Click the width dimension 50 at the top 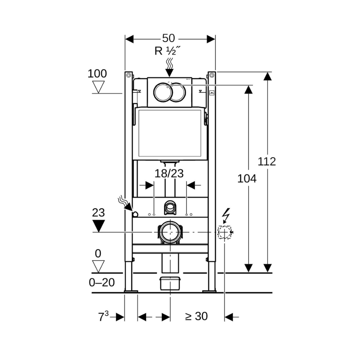168,38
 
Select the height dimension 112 267,161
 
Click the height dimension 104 247,178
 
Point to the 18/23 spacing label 169,174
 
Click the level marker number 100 97,74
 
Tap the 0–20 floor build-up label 102,283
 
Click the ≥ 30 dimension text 197,316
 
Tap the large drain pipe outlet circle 170,233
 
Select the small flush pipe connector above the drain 170,207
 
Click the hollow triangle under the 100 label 98,87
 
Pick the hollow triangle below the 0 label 98,266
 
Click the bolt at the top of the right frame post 212,75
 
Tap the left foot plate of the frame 131,291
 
